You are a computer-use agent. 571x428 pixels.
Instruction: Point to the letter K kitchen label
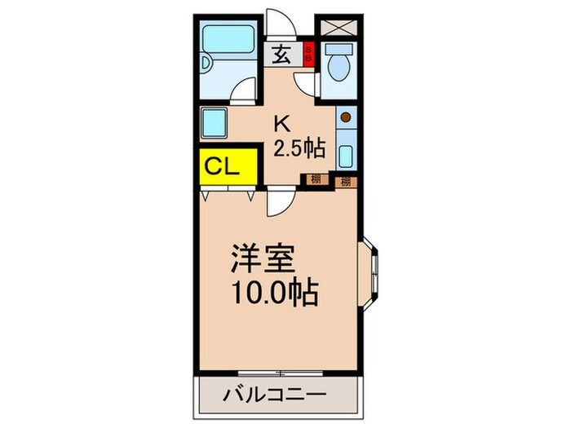(x=281, y=124)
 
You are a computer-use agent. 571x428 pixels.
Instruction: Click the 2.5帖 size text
(x=299, y=148)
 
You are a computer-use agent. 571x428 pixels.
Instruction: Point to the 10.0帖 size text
(x=273, y=290)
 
